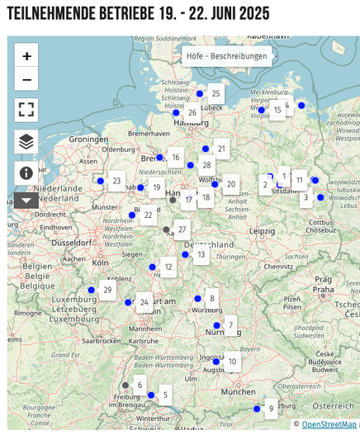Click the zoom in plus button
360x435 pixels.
[x=26, y=56]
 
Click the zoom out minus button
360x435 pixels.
[x=26, y=79]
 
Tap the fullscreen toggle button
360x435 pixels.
[x=26, y=110]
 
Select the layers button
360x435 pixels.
[x=26, y=141]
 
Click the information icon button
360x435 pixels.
[x=26, y=173]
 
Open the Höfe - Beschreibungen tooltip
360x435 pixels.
[x=226, y=56]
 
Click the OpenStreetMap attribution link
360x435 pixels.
[x=329, y=424]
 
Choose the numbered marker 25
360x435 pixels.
[x=216, y=93]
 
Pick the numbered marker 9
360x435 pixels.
[x=271, y=408]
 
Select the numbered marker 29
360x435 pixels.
[x=107, y=290]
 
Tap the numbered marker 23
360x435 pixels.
[x=116, y=181]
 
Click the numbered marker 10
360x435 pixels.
[x=232, y=362]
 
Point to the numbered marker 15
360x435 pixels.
[x=277, y=110]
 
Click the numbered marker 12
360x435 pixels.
[x=168, y=267]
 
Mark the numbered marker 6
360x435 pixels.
[x=140, y=385]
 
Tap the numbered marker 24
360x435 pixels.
[x=144, y=302]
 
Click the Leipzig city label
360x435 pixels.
[x=263, y=230]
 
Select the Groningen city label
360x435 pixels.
[x=88, y=139]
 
